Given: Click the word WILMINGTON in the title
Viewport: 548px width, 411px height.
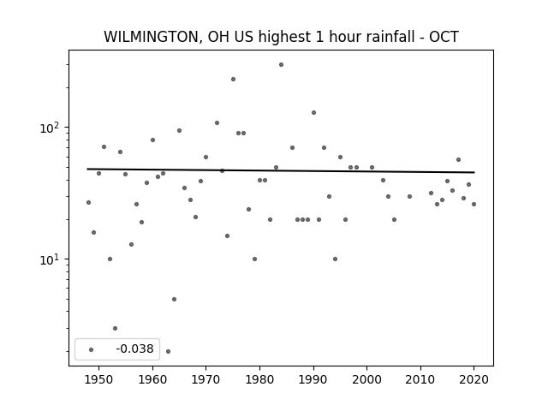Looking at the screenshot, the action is click(x=152, y=37).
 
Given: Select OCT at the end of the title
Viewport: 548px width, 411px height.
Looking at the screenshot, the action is click(x=444, y=37).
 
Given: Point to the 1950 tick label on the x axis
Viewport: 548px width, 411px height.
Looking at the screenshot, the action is click(x=99, y=379).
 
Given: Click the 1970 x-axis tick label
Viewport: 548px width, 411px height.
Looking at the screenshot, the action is click(x=205, y=379).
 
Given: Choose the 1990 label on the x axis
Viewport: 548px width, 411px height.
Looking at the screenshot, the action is click(x=313, y=379).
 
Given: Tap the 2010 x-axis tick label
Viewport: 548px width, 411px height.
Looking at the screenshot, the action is click(x=420, y=379).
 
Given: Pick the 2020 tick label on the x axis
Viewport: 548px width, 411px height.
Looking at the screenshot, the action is click(x=474, y=379).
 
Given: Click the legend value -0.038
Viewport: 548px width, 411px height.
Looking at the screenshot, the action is click(x=134, y=348).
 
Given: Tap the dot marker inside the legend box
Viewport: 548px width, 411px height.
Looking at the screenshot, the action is click(x=91, y=349).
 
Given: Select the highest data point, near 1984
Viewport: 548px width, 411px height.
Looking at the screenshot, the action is click(x=282, y=65).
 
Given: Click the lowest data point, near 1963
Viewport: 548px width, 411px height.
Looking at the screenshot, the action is click(x=168, y=351).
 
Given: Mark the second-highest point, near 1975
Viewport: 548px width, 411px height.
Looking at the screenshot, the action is click(x=233, y=80).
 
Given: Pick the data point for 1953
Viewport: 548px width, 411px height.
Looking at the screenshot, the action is click(x=115, y=328).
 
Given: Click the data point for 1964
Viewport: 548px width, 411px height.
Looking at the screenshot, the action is click(x=174, y=299).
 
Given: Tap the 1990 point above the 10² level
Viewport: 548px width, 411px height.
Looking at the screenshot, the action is click(x=314, y=112).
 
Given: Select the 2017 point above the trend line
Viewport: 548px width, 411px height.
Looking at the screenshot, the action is click(x=459, y=160).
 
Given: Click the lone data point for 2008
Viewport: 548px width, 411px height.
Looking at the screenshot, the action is click(x=409, y=196).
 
